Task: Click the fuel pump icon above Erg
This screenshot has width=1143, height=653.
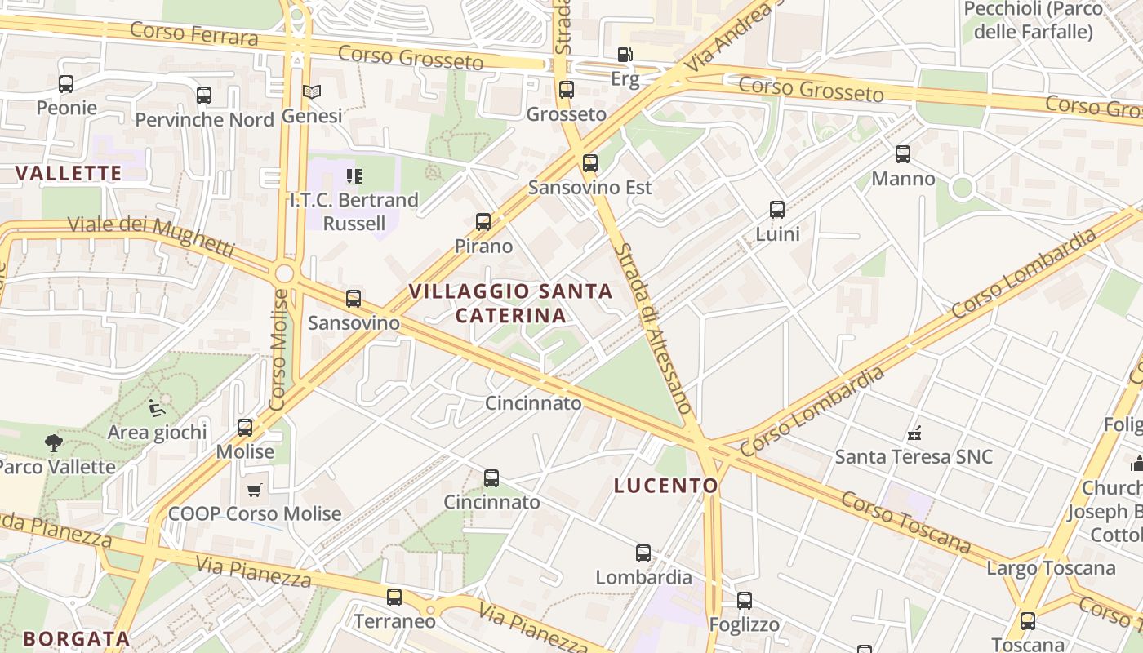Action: click(625, 55)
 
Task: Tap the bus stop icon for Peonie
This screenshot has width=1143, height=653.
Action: click(66, 83)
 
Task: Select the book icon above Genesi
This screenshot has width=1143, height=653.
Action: click(312, 91)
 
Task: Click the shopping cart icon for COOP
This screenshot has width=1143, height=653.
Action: click(254, 490)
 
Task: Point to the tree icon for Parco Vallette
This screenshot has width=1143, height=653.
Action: click(54, 443)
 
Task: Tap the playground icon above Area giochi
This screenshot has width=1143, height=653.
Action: click(157, 407)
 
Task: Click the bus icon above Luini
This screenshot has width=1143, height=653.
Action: click(777, 210)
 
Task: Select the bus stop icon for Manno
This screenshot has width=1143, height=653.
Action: click(903, 154)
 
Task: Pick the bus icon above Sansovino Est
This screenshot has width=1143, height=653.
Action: click(590, 163)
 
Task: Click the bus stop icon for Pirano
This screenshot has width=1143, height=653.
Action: click(483, 222)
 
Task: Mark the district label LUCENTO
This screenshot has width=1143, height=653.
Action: click(666, 486)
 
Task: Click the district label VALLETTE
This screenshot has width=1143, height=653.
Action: click(69, 173)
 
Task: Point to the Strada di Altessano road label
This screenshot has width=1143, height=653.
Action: click(654, 326)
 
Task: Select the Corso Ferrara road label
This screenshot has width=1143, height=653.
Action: click(194, 34)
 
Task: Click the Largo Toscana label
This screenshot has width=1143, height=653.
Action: click(1051, 568)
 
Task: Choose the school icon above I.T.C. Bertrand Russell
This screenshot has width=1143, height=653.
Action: click(354, 175)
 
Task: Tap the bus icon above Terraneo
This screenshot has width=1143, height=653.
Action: click(394, 597)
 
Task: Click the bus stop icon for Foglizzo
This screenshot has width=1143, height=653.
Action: click(745, 602)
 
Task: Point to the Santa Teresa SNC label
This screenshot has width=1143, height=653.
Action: click(914, 456)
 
